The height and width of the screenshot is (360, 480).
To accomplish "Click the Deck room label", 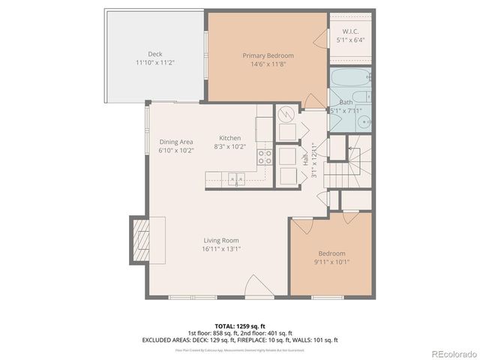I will click(155, 54).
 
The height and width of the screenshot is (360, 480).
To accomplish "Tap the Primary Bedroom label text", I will click(268, 55).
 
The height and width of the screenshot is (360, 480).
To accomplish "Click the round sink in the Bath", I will click(363, 121).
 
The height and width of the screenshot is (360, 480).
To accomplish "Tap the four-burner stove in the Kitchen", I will click(265, 157).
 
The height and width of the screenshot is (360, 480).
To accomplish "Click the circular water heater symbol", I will click(285, 114).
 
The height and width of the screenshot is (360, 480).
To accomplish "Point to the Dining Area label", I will click(176, 142).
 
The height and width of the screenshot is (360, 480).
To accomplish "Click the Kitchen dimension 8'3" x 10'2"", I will click(229, 148).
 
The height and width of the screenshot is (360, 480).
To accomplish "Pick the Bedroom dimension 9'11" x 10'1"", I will click(331, 262).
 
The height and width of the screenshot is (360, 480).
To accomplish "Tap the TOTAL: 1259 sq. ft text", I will click(239, 326).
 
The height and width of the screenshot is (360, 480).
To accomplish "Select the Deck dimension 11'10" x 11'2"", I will click(155, 63).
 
